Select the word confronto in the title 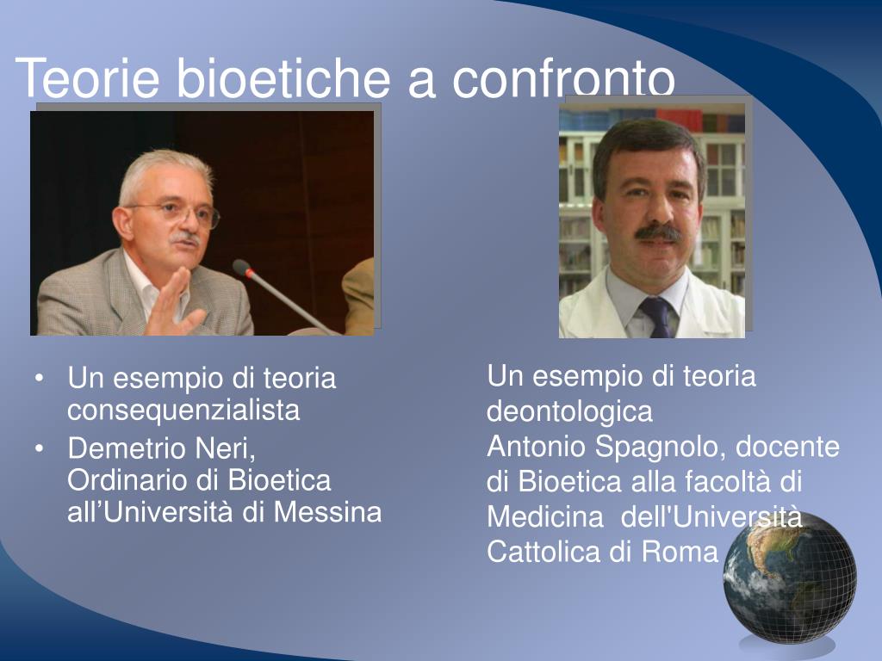563,78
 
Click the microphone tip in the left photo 242,268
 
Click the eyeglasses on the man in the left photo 179,214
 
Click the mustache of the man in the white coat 657,232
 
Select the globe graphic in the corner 790,579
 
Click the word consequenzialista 183,410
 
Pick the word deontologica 569,411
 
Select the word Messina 328,512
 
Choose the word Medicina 545,516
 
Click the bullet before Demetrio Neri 39,449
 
